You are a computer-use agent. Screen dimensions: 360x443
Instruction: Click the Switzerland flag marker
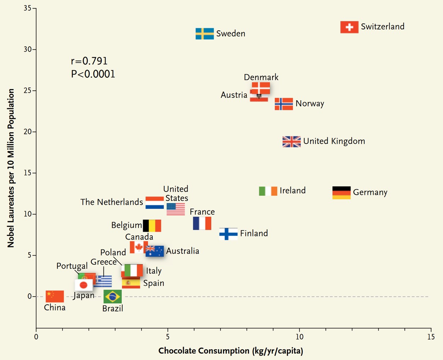click(x=349, y=27)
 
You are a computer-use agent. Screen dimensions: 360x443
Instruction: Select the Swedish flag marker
click(x=204, y=34)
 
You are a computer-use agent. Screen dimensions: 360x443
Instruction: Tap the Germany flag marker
click(x=341, y=193)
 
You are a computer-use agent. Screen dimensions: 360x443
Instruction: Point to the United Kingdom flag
click(x=291, y=141)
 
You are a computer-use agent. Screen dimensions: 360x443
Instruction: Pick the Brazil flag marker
click(x=113, y=297)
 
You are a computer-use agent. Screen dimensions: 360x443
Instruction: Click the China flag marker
click(x=55, y=296)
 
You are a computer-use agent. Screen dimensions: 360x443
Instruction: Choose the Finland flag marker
click(x=228, y=234)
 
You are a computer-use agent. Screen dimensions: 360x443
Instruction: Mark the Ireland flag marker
click(x=268, y=191)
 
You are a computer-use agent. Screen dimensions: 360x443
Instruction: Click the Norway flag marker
click(x=284, y=104)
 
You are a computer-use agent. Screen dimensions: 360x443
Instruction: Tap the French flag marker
click(x=202, y=224)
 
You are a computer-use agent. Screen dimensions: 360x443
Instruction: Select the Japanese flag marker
click(x=84, y=285)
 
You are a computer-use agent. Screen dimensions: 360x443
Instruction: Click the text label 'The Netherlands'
click(x=112, y=202)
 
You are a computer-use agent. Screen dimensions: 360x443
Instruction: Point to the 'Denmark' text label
click(x=261, y=77)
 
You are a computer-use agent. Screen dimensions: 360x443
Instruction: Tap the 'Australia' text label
click(x=183, y=251)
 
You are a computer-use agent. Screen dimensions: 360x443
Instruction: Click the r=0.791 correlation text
click(x=89, y=61)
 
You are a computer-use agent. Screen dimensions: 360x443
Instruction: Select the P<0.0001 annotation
click(x=93, y=74)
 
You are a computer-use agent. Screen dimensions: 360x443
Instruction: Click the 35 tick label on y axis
click(x=28, y=8)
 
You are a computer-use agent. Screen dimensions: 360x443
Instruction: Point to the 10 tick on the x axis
click(x=299, y=337)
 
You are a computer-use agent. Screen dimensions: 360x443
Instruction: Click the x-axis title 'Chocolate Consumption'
click(x=231, y=351)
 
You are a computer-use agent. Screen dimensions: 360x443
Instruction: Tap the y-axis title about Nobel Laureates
click(x=11, y=168)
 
